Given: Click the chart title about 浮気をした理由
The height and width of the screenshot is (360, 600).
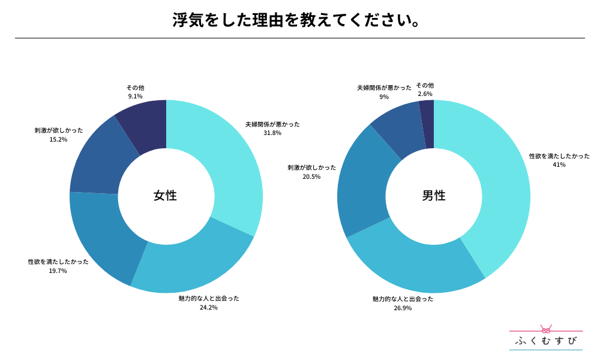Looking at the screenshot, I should (295, 20).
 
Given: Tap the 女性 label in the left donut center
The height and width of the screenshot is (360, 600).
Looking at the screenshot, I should (166, 196).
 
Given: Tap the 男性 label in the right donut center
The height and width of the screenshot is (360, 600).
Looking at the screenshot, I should (434, 196).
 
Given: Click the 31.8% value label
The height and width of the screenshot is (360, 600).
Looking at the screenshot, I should (272, 133).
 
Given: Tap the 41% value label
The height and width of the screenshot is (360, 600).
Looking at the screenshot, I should (559, 164).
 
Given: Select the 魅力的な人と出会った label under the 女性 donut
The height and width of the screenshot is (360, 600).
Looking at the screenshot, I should (209, 298).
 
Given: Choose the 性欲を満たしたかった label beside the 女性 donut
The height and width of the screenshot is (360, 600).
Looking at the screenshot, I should (58, 262).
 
